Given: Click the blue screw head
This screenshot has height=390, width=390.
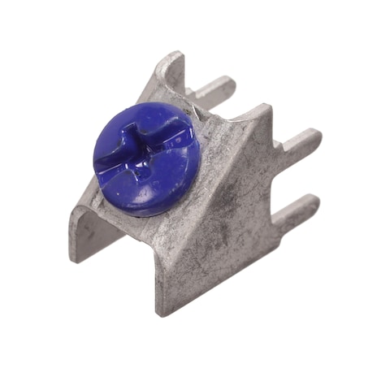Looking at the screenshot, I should pyautogui.click(x=146, y=158).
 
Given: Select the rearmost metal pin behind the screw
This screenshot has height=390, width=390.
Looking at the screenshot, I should pyautogui.click(x=213, y=88).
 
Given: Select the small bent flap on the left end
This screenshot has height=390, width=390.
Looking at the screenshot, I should pyautogui.click(x=85, y=232).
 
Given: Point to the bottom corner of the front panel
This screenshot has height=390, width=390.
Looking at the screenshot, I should pyautogui.click(x=162, y=311).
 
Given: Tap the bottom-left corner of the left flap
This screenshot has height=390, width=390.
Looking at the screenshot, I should pyautogui.click(x=75, y=258).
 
